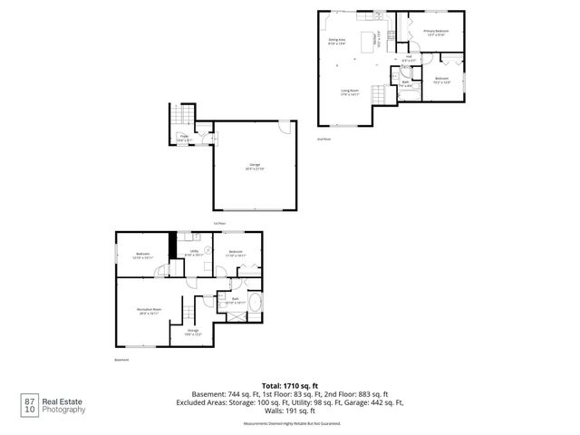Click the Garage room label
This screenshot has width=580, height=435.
click(249, 167)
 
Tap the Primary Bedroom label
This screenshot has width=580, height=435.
click(436, 33)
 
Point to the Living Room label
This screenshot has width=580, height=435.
click(350, 92)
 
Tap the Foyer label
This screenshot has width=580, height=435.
click(182, 139)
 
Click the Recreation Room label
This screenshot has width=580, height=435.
click(150, 312)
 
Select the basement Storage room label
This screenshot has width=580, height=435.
click(193, 333)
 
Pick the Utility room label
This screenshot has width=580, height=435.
click(192, 255)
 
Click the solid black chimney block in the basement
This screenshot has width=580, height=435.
click(171, 244)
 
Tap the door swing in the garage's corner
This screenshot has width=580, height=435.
click(285, 128)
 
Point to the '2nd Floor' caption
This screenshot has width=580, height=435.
click(324, 139)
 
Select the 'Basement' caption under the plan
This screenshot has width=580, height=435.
click(122, 361)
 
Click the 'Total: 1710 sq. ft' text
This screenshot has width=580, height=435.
click(289, 385)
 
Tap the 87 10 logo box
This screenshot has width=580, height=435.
click(30, 405)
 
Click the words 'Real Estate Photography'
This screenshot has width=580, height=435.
click(65, 405)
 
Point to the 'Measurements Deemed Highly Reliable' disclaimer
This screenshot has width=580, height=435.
click(289, 423)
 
